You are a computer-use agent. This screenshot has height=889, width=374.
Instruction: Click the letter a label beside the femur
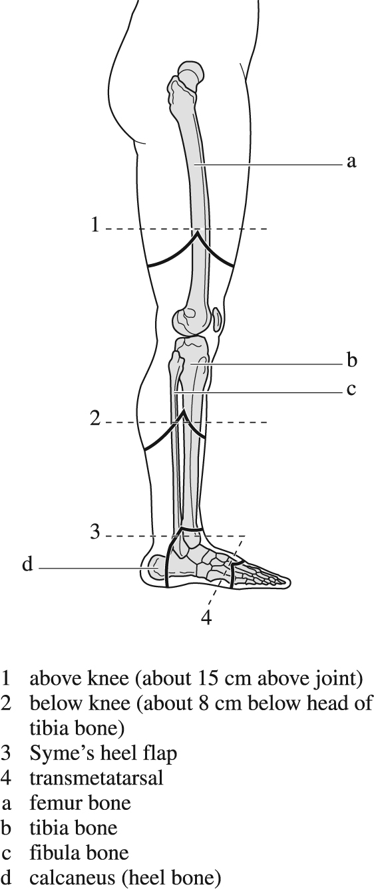(x=351, y=162)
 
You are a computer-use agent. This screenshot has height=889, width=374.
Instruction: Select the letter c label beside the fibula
(x=351, y=390)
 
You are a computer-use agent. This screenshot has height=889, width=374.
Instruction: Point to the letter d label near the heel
(x=27, y=564)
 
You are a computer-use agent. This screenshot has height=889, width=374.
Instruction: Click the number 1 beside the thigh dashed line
(x=94, y=224)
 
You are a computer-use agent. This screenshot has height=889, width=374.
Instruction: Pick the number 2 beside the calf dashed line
(x=95, y=418)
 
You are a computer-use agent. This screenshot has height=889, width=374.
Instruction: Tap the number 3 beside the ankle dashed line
(x=95, y=531)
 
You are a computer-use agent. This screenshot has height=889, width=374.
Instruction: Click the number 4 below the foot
(x=206, y=617)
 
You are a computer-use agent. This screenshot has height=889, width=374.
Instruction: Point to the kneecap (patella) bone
(x=217, y=320)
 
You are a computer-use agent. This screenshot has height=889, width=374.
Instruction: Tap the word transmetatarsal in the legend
(x=96, y=778)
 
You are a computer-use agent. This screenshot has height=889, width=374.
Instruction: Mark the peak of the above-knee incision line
(x=196, y=234)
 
